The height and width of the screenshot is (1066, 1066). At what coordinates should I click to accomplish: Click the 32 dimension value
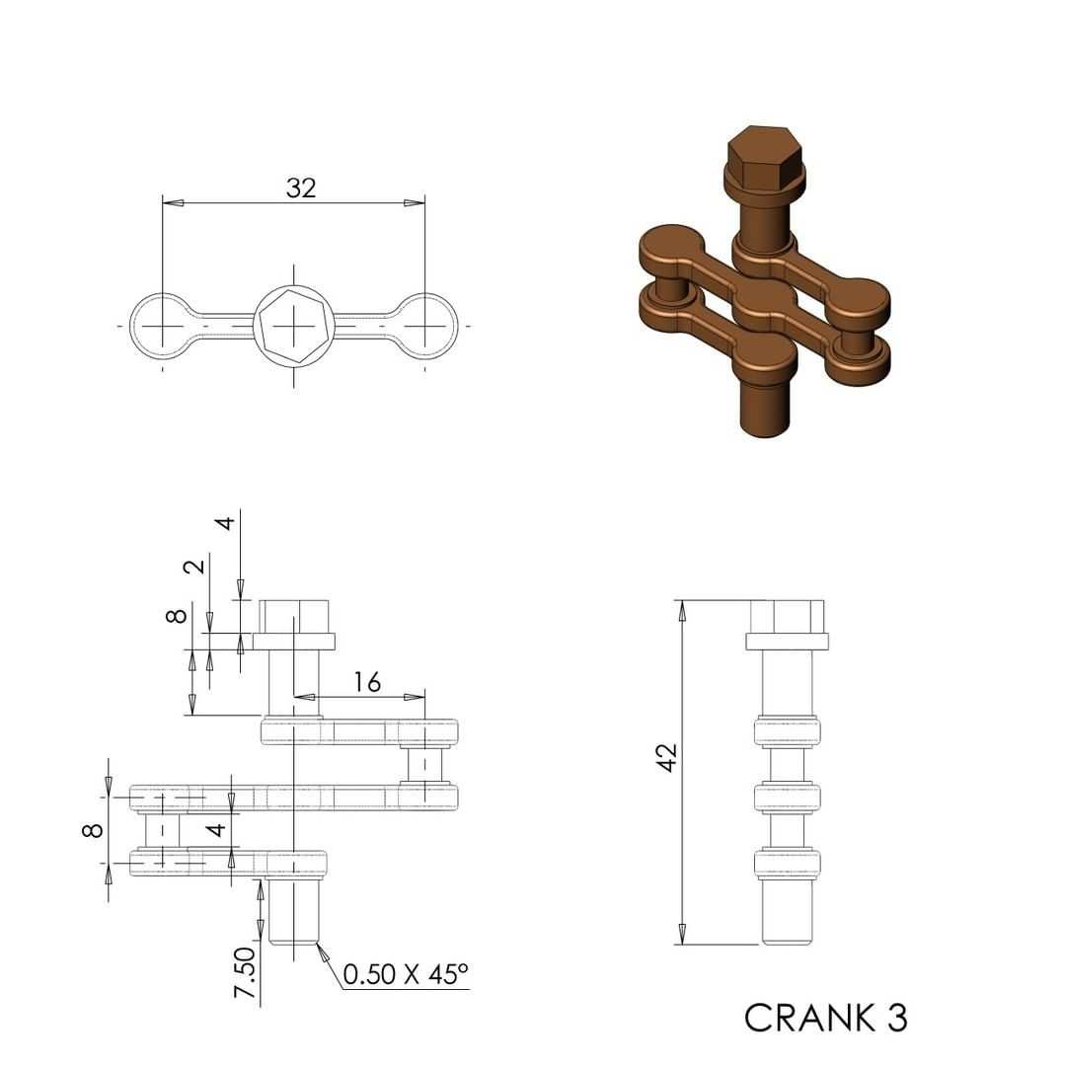click(301, 188)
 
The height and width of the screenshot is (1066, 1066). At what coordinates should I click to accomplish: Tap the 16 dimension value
click(367, 682)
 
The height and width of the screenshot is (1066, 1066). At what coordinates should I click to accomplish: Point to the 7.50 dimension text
click(245, 973)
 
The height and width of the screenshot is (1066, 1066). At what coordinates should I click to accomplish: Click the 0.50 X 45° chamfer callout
click(406, 974)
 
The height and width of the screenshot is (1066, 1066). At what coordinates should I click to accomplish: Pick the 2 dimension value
click(195, 566)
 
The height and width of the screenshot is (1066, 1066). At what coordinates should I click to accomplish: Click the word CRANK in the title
click(809, 1018)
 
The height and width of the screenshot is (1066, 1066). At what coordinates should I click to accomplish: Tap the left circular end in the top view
click(163, 326)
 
